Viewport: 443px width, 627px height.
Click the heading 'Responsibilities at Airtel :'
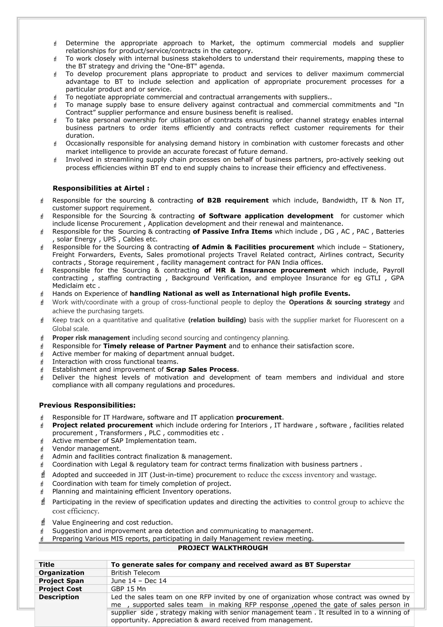pos(101,188)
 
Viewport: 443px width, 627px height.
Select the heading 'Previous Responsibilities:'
pos(87,405)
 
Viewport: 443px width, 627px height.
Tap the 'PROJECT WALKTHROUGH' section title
pos(223,548)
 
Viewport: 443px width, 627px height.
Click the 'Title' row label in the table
pos(47,564)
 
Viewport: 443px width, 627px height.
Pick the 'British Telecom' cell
pos(135,573)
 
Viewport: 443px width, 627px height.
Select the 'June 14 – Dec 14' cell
pos(139,580)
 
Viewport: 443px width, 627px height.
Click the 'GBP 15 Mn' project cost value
pos(128,589)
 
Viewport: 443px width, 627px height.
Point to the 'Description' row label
pos(59,597)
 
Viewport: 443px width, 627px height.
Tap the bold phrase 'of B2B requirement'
pos(233,200)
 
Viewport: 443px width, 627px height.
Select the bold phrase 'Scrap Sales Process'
pos(201,370)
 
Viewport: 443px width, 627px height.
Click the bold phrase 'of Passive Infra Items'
pos(233,232)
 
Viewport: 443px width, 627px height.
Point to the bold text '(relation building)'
pos(217,320)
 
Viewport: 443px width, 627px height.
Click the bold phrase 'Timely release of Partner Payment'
pos(165,346)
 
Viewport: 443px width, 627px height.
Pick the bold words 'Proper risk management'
pos(91,338)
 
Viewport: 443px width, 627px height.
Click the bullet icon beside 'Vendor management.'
pos(42,449)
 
